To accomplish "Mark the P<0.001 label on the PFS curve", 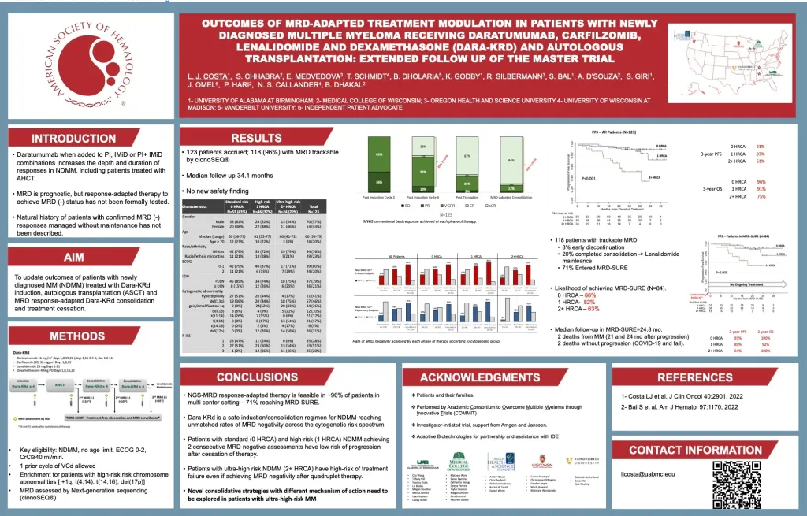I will [x=587, y=178].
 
